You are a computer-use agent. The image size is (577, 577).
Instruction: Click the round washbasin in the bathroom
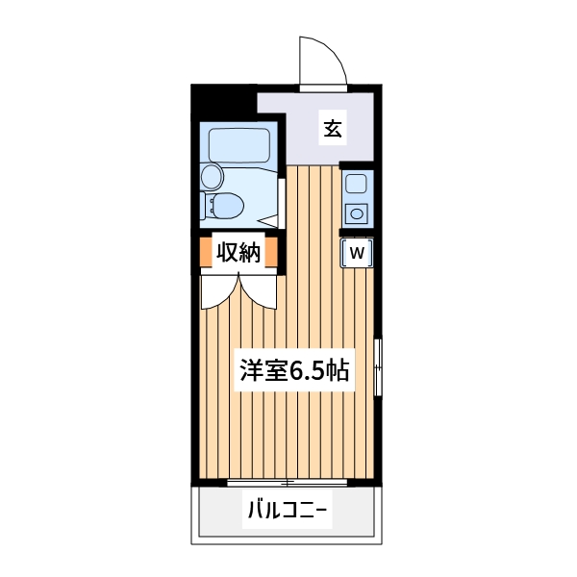tap(212, 176)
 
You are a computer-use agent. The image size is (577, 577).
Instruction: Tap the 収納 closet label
tap(238, 253)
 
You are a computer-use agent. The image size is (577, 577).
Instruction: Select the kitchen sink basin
tap(356, 185)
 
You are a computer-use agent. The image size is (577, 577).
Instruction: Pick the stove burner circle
tap(356, 213)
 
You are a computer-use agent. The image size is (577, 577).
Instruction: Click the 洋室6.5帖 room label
tap(293, 369)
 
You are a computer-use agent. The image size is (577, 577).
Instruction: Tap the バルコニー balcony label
tap(288, 510)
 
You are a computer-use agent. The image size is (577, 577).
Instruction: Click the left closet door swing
tap(219, 290)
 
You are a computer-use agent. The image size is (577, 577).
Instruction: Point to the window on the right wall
tap(377, 366)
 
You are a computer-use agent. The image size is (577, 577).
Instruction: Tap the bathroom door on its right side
tap(279, 203)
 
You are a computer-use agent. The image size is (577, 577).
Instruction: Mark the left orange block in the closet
tap(205, 253)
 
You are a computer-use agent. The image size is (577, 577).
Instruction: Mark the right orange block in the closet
tap(272, 253)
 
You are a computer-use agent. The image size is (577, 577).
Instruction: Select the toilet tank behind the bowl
tap(207, 206)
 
